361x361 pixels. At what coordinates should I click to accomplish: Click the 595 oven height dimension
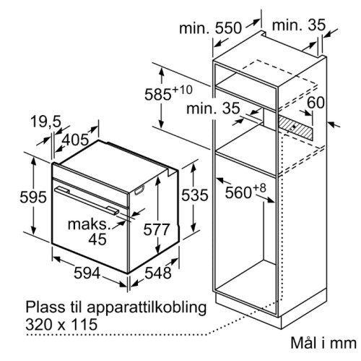pos(33,197)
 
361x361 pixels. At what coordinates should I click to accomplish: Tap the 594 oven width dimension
pos(87,273)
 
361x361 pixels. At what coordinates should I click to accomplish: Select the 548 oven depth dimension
pos(158,273)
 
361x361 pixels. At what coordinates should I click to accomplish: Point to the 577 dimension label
pos(157,229)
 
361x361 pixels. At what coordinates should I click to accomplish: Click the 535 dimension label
pos(195,195)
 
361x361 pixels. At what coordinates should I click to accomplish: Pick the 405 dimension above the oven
pos(76,140)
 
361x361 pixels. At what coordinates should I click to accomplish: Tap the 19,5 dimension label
pos(46,122)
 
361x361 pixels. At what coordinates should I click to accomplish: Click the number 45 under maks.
pos(97,239)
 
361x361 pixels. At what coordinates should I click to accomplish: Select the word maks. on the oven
pos(89,224)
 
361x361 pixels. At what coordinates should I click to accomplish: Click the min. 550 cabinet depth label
pos(210,27)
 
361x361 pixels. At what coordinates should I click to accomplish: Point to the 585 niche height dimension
pos(158,94)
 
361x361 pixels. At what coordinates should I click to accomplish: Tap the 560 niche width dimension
pos(238,192)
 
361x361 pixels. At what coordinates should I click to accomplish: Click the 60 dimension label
pos(316,102)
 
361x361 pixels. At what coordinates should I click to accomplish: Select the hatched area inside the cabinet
pos(295,127)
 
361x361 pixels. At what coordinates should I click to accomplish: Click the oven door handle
pos(87,200)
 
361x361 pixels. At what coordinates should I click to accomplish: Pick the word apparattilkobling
pos(147,308)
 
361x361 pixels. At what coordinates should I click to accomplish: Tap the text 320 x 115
pos(61,324)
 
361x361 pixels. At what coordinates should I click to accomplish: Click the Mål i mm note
pos(323,342)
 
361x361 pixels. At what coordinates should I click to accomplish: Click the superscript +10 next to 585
pos(183,90)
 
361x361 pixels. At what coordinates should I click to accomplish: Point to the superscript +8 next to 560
pos(259,188)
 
